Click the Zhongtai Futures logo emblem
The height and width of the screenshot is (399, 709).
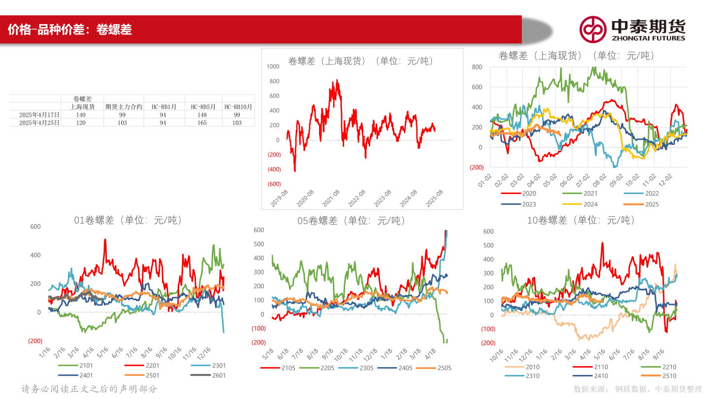coord(592,29)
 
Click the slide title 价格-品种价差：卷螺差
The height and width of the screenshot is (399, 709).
coord(69,30)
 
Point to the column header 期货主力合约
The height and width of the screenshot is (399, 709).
coord(124,107)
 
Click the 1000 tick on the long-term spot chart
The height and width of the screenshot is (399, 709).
coord(273,66)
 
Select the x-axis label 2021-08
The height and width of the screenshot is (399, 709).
coord(332,199)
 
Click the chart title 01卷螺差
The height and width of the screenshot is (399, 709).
coord(128,221)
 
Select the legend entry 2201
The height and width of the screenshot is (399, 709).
coord(144,366)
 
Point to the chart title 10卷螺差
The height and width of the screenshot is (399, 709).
coord(581,221)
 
